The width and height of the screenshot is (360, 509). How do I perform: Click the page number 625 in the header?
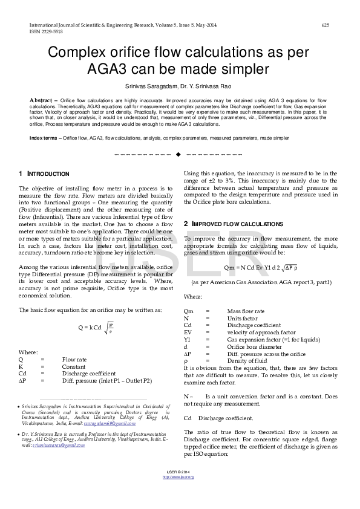click(325, 25)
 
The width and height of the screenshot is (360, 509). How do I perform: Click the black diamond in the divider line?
click(178, 155)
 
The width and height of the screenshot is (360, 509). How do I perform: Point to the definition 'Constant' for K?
click(74, 366)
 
